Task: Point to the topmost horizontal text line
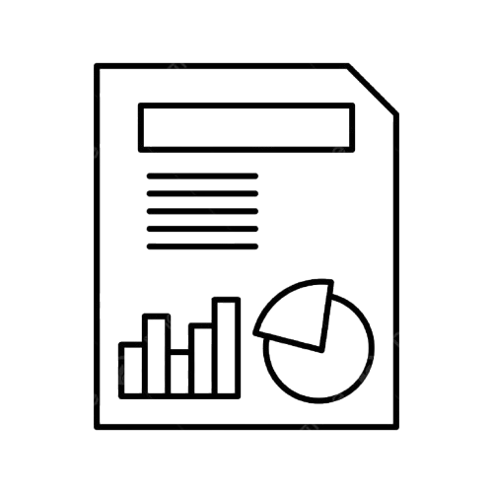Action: tap(202, 176)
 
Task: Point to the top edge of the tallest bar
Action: tap(229, 297)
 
